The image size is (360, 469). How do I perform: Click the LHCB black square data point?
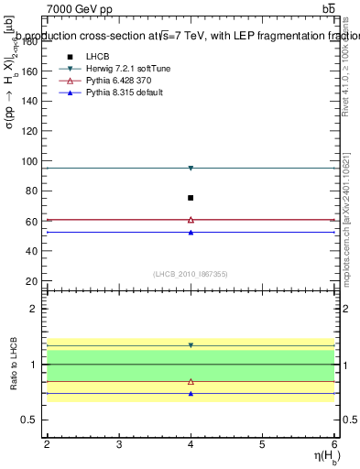[x=191, y=198]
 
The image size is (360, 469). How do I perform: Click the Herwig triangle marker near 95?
[x=191, y=168]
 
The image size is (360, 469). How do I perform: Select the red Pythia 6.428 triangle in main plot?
[x=191, y=220]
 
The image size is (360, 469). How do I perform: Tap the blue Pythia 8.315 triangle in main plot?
[x=191, y=233]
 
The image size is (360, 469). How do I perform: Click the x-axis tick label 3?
[x=119, y=443]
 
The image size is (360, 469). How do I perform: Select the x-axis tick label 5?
[x=263, y=443]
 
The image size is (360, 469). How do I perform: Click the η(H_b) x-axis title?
[x=320, y=457]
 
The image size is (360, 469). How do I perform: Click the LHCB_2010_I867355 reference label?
[x=190, y=274]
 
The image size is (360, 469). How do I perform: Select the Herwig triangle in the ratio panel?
[x=191, y=345]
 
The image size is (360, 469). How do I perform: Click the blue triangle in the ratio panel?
[x=191, y=394]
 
